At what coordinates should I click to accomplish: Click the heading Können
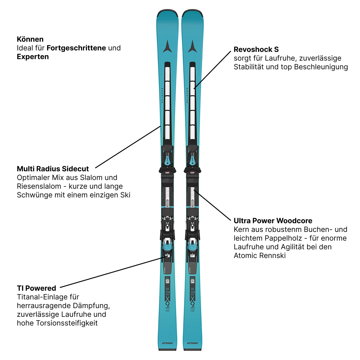(30, 39)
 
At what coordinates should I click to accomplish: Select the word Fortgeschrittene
(76, 48)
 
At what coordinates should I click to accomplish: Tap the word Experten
(33, 57)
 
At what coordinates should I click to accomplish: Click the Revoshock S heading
(256, 49)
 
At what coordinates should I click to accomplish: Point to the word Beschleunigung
(321, 67)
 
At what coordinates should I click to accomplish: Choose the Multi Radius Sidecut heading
(53, 169)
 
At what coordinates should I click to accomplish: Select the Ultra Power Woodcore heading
(273, 221)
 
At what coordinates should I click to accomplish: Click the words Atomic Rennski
(259, 256)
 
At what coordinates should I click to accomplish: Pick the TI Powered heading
(36, 288)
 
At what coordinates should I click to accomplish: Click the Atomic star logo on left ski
(167, 46)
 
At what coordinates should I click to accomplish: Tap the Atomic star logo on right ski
(192, 46)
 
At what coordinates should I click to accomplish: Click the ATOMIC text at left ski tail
(167, 343)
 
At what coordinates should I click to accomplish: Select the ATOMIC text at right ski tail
(192, 343)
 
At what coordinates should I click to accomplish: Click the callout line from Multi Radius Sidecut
(127, 147)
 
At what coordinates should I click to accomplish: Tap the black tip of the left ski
(167, 13)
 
